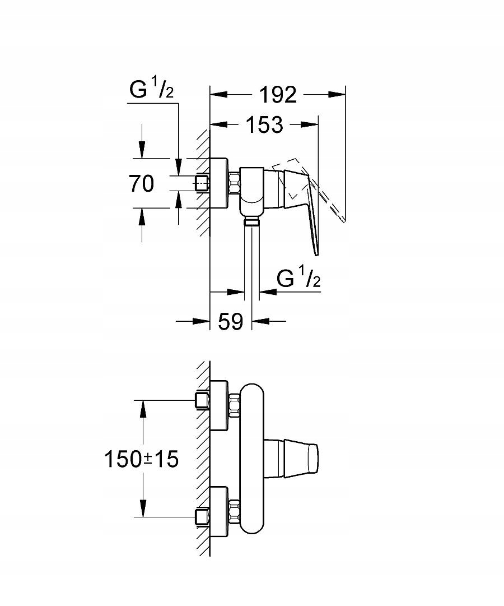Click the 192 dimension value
coord(278,95)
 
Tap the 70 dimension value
coord(141,183)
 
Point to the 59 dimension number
coord(230,321)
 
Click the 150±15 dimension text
coord(141,460)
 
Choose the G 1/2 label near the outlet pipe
coord(298,278)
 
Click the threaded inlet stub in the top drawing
coord(202,183)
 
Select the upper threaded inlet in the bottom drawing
coord(202,400)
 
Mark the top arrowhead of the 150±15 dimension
coord(143,408)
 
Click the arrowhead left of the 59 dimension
coord(202,321)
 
